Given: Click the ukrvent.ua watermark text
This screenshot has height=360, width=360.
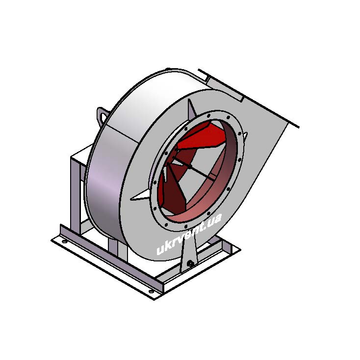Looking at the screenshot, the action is (x=189, y=234).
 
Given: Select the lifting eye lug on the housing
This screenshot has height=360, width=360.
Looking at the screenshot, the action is (x=101, y=115).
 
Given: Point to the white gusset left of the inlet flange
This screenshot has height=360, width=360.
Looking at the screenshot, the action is (x=141, y=196).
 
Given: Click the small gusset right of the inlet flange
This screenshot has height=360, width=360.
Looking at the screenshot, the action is (x=246, y=135).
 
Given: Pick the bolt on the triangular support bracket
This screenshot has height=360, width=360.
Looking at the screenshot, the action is (x=190, y=263).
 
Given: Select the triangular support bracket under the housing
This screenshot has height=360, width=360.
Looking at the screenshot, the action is (x=189, y=253).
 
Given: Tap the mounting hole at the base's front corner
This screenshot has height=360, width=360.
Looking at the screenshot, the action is (x=151, y=291).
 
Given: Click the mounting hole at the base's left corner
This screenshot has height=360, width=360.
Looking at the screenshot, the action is (x=65, y=241).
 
